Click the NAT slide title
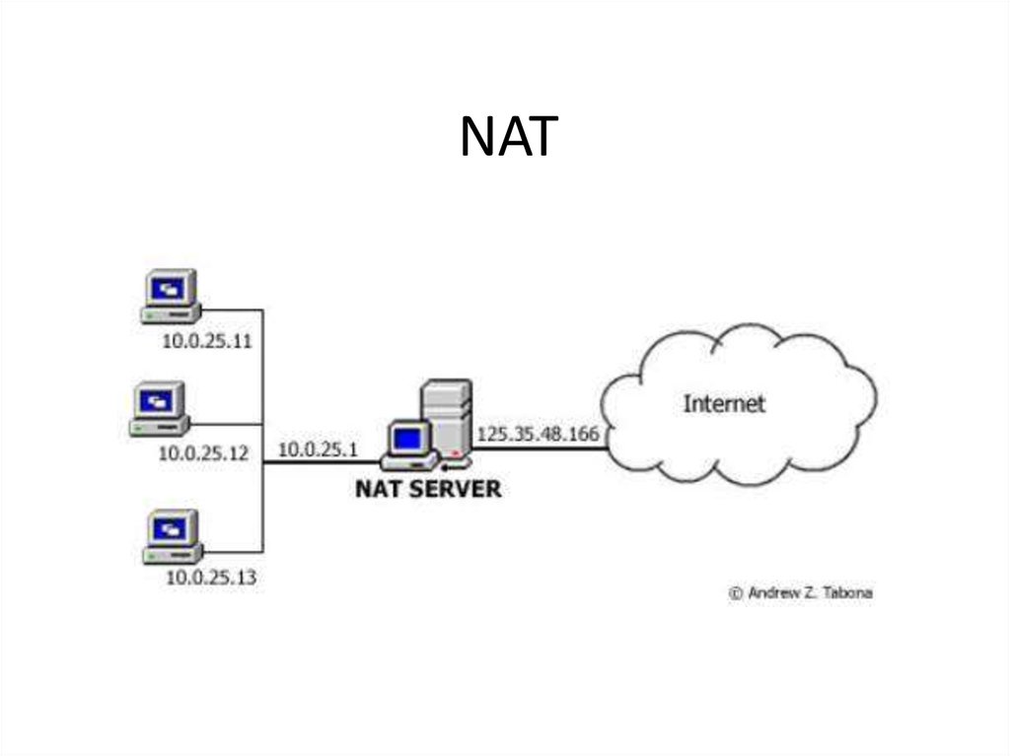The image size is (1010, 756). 508,137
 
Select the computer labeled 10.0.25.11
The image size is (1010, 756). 171,297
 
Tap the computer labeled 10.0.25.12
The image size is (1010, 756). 160,409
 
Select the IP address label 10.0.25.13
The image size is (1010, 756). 210,578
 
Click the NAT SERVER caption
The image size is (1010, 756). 428,488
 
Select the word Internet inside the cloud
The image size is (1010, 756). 724,403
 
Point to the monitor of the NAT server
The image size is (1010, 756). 409,440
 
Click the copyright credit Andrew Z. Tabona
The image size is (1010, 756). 800,593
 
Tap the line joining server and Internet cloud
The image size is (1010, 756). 541,449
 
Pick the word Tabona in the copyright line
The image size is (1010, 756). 848,593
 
